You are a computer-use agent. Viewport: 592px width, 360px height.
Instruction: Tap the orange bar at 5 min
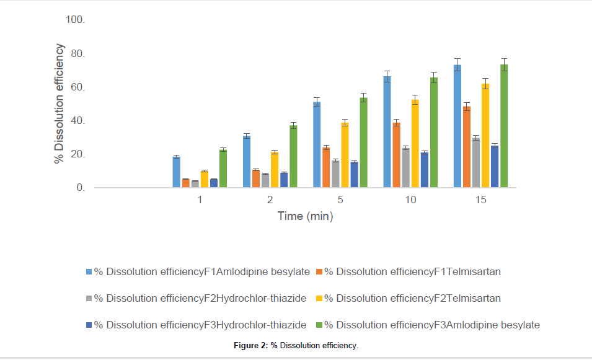click(x=326, y=167)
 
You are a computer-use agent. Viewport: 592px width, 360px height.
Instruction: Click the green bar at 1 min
click(x=223, y=168)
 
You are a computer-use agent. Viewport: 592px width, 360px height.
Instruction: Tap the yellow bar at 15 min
click(x=485, y=136)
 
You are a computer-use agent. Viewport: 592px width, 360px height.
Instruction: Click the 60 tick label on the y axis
click(x=76, y=87)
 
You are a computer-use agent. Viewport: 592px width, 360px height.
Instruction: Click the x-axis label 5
click(x=340, y=200)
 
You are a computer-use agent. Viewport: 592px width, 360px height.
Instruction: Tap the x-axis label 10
click(x=410, y=200)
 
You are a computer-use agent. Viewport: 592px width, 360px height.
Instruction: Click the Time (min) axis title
click(x=305, y=216)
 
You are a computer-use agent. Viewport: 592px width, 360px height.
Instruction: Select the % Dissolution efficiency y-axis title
click(x=60, y=103)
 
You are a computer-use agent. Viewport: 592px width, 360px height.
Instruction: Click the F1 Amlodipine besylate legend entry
click(x=201, y=271)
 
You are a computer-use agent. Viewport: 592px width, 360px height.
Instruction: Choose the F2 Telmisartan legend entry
click(x=413, y=298)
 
